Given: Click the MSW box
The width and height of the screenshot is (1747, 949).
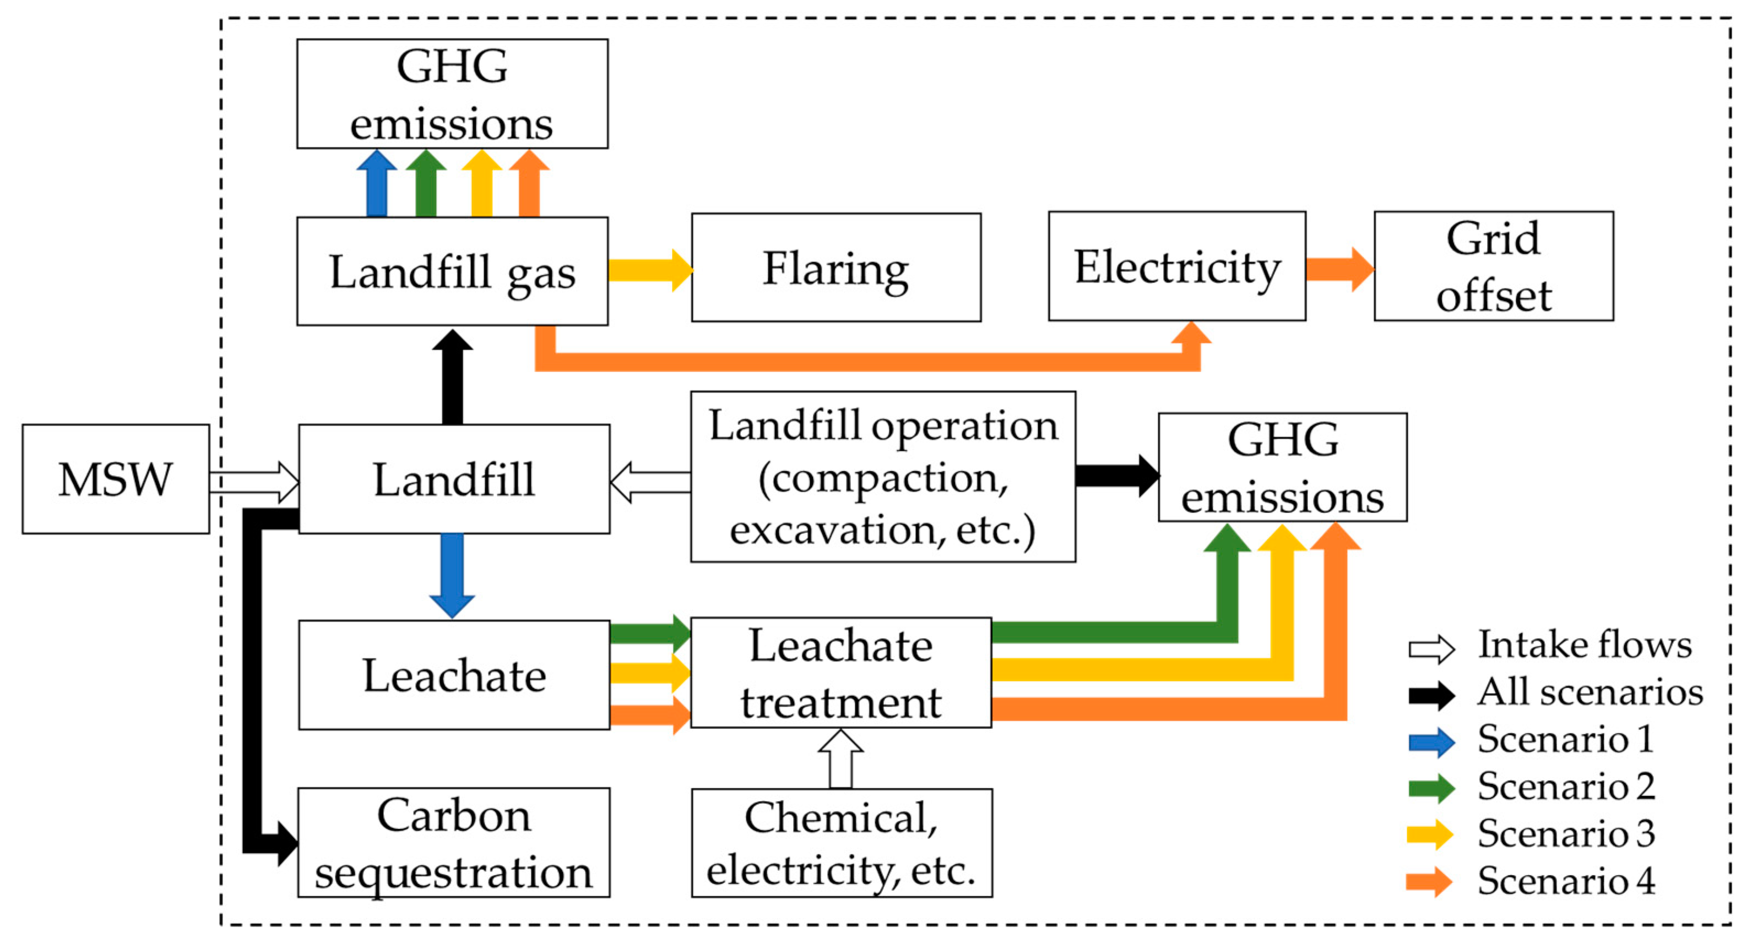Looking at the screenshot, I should point(115,479).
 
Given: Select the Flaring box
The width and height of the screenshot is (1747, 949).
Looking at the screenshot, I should point(835,268).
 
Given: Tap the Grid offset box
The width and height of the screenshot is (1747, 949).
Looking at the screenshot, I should point(1493,266).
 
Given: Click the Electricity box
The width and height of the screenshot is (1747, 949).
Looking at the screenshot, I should point(1176,266).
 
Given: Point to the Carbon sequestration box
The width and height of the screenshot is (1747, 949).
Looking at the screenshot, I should point(454,843).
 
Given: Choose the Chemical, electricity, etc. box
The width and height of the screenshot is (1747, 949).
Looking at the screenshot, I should point(842,843).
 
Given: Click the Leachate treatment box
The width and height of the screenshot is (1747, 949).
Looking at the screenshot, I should point(841,673).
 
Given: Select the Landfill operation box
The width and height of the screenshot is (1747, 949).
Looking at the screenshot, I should point(883,477).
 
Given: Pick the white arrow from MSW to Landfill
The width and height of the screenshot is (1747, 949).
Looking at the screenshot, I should point(254,482).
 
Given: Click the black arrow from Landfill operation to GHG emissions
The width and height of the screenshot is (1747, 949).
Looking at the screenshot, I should point(1116,476).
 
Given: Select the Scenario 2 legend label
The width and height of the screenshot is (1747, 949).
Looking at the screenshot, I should point(1566,786).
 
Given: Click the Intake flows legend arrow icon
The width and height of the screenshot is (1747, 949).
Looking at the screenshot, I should point(1431,650).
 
